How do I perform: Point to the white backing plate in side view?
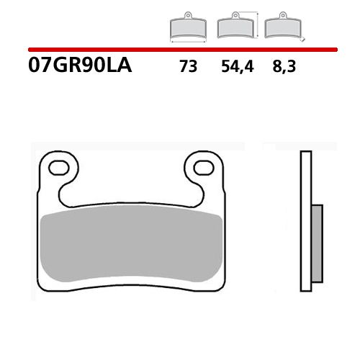coord(305,216)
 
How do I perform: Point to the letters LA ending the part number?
coord(122,68)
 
